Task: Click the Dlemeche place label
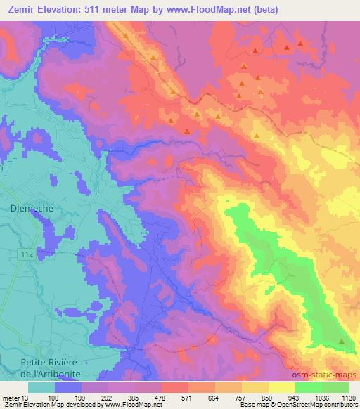point(28,208)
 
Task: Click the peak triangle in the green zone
point(342,342)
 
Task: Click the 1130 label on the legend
point(348,396)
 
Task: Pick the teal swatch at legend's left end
point(41,387)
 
